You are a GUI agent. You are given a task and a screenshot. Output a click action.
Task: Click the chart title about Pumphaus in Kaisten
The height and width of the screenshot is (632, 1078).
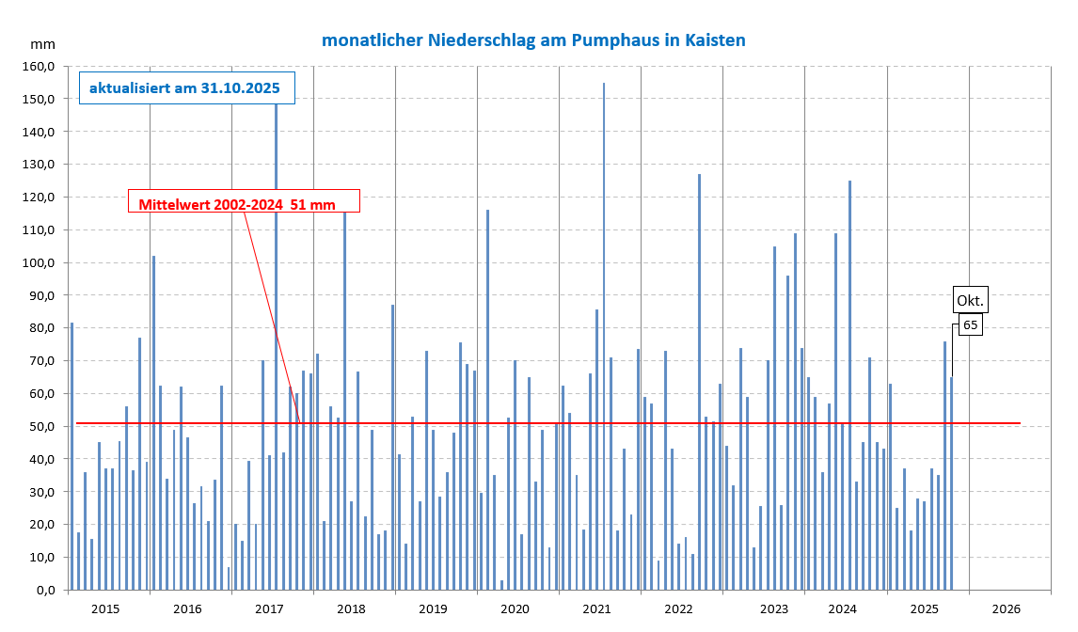point(533,40)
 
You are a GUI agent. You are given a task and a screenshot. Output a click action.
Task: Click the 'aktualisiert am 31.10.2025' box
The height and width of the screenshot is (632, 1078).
point(186,88)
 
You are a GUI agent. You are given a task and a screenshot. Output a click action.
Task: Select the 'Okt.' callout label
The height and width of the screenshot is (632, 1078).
point(971,300)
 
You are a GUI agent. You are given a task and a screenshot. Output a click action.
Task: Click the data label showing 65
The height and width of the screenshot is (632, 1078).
point(971,325)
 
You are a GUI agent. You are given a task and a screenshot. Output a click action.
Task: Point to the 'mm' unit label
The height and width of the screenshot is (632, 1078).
point(42,44)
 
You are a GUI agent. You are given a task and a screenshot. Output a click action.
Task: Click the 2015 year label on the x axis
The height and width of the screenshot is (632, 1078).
point(105,608)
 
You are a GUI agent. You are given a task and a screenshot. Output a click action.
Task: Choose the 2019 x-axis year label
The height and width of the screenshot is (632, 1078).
point(433,608)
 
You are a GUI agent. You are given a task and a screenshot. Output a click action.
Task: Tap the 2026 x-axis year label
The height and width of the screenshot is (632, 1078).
point(1006,608)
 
